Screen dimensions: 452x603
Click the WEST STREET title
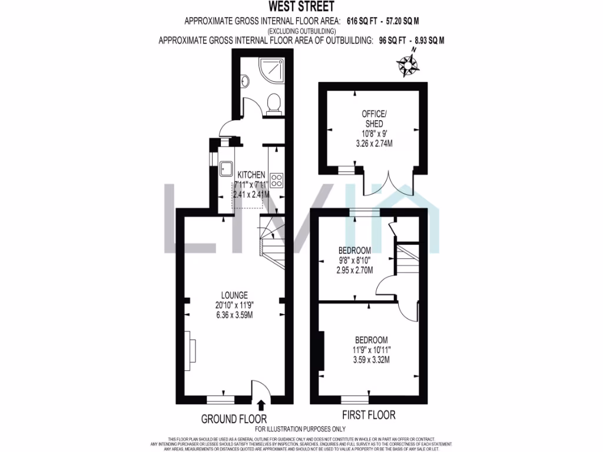coord(301,7)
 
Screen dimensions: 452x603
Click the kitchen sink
coord(227,169)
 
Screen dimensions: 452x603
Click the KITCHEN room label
coord(251,175)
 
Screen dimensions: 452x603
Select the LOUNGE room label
coord(234,295)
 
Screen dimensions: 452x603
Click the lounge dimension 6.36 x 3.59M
coord(234,314)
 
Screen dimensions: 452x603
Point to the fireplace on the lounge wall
coord(191,351)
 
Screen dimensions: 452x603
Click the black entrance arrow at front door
coord(260,404)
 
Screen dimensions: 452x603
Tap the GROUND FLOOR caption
coord(234,418)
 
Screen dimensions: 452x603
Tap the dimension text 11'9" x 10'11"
coord(371,350)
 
